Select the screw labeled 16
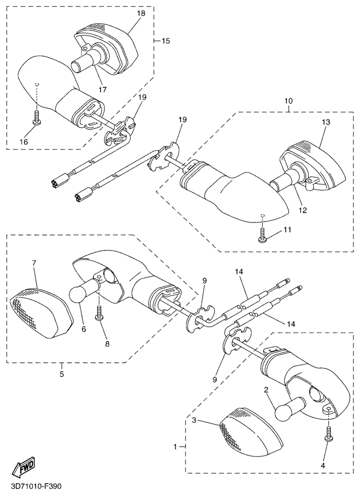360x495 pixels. click(x=36, y=117)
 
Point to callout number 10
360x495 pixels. click(x=289, y=101)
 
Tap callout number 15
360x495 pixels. click(x=166, y=41)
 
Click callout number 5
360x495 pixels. click(x=62, y=374)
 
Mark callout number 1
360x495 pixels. click(x=175, y=446)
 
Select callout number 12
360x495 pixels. click(x=303, y=210)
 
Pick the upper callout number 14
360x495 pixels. click(x=239, y=271)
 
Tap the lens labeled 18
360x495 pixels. click(x=107, y=48)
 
